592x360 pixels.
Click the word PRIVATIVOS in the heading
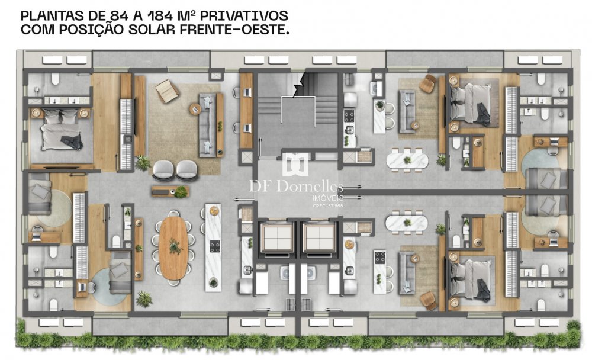(243, 16)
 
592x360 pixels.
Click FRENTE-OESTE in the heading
(234, 30)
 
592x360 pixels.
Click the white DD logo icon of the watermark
(296, 164)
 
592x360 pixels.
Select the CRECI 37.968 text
(328, 206)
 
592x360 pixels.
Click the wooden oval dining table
(173, 248)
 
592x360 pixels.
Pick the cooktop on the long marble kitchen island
(215, 246)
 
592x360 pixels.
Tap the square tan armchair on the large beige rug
(166, 91)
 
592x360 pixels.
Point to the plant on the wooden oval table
(174, 246)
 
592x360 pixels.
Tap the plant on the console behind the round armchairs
(181, 191)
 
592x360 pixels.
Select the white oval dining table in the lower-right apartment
(406, 223)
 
